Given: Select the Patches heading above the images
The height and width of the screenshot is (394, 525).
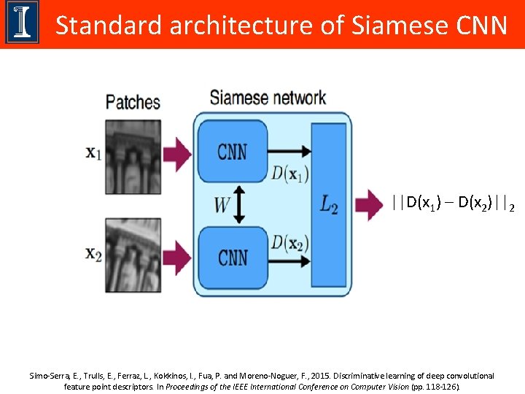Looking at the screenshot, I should tap(133, 101).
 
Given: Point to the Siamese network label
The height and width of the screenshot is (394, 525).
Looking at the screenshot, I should tap(268, 96).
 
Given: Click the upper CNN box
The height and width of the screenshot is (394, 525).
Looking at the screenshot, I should tap(232, 152).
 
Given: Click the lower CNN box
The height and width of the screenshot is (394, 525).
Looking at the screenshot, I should tap(232, 257).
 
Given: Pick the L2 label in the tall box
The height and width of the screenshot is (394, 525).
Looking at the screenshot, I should tap(329, 205).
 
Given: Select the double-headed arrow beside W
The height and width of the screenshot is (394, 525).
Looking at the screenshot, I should tap(243, 205).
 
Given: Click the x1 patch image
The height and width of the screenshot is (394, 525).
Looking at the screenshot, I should tap(133, 156).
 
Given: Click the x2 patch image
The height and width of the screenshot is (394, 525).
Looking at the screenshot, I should tap(133, 255).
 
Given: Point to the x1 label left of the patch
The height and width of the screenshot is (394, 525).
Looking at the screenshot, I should tap(93, 153).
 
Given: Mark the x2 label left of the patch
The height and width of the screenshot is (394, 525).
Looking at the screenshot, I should tap(93, 254).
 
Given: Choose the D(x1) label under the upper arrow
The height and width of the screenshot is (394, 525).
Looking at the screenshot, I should tap(289, 174).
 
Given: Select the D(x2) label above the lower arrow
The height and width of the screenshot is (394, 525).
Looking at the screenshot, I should tap(289, 240).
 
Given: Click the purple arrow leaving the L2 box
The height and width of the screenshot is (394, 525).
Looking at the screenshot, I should tap(369, 205).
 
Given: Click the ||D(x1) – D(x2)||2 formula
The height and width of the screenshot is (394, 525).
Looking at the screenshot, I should tap(452, 202).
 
